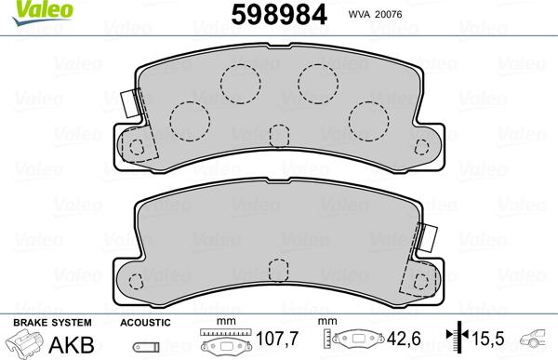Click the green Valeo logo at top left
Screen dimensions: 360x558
pyautogui.click(x=23, y=8)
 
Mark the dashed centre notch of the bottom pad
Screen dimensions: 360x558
pyautogui.click(x=278, y=271)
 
